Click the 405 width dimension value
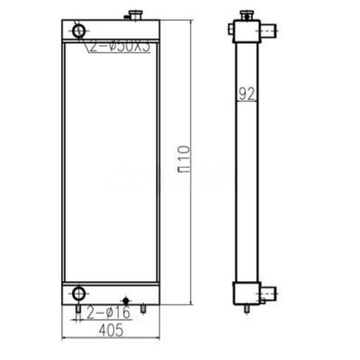(x=111, y=330)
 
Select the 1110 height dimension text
(x=186, y=159)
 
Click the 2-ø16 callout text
(x=109, y=312)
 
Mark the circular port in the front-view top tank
(x=79, y=30)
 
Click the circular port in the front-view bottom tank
(x=79, y=294)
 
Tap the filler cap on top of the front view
(x=136, y=15)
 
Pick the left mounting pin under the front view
(x=78, y=309)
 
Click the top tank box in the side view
(x=245, y=31)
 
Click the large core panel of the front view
(x=111, y=162)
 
